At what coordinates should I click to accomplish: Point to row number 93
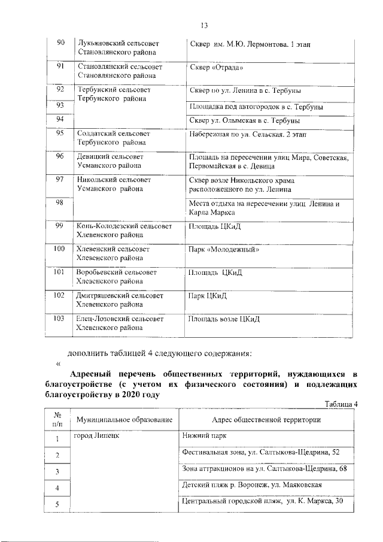[60, 105]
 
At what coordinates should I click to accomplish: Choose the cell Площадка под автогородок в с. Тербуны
[257, 107]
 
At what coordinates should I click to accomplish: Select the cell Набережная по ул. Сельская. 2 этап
[247, 134]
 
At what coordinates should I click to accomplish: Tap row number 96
[60, 156]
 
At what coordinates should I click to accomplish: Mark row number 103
[59, 319]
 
